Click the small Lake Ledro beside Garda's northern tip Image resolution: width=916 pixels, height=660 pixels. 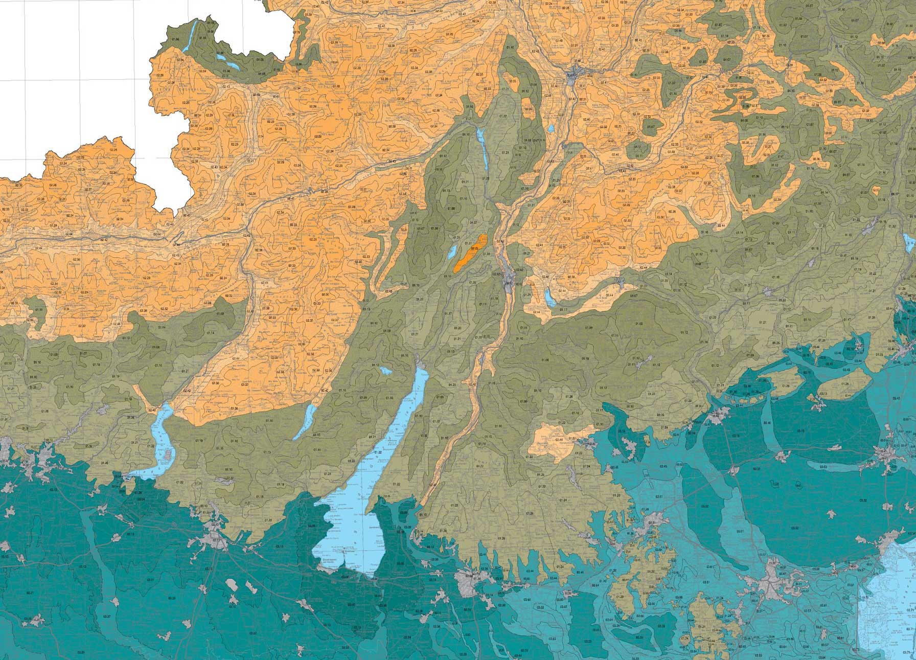click(386, 370)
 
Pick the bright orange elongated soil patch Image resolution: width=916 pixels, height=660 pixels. click(469, 253)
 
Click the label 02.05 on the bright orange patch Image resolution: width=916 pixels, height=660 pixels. click(474, 248)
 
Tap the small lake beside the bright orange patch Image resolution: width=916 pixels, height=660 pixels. click(452, 253)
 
